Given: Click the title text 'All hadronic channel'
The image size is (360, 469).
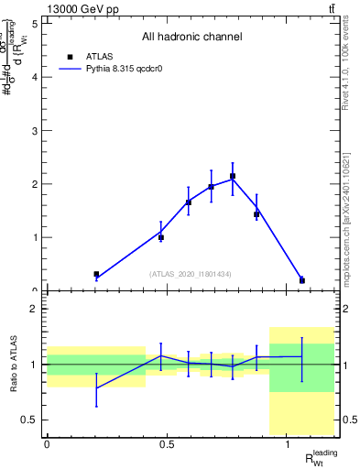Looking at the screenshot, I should click(191, 38).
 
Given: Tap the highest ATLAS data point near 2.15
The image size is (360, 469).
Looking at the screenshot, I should click(233, 176).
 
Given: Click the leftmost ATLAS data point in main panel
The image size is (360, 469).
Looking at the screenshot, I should click(96, 274).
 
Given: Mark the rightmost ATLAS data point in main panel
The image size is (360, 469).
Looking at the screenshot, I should click(302, 280).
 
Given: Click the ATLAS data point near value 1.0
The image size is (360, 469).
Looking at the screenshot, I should click(161, 237).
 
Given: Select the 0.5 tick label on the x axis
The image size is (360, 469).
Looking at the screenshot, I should click(167, 444).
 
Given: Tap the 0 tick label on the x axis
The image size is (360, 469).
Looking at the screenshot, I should click(47, 444).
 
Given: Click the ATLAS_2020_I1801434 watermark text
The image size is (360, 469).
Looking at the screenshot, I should click(191, 274).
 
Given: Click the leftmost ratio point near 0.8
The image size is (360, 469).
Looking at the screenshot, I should click(96, 388).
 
